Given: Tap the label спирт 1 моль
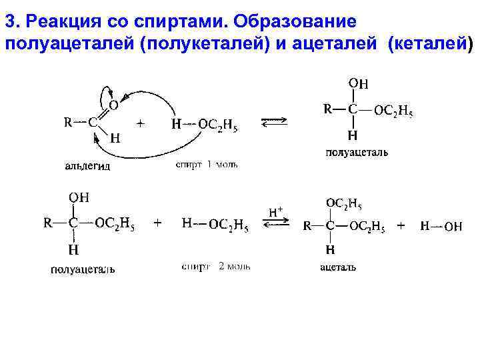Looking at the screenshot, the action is pyautogui.click(x=207, y=163).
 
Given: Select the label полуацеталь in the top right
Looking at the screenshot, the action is pyautogui.click(x=357, y=152).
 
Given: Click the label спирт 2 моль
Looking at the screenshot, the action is pyautogui.click(x=216, y=267).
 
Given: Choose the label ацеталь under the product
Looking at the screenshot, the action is pyautogui.click(x=338, y=267).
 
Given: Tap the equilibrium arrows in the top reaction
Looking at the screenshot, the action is pyautogui.click(x=274, y=122).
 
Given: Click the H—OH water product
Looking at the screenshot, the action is pyautogui.click(x=441, y=226).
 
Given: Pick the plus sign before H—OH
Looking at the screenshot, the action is pyautogui.click(x=401, y=225).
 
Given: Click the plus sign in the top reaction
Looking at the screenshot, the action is pyautogui.click(x=141, y=123).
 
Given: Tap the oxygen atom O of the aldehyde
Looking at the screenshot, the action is pyautogui.click(x=113, y=105).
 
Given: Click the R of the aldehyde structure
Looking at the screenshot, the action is pyautogui.click(x=68, y=122).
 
